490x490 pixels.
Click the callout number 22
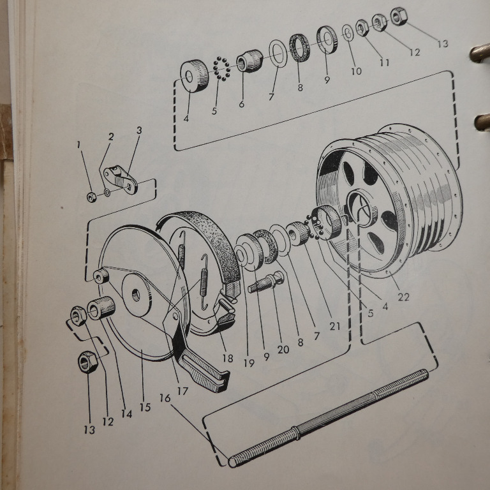(x=403, y=297)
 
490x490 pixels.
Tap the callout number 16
(x=165, y=398)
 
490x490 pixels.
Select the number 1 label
(x=78, y=145)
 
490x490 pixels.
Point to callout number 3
(x=139, y=130)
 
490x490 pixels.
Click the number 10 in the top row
(x=356, y=71)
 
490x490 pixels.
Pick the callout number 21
(x=335, y=326)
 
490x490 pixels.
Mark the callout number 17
(x=182, y=391)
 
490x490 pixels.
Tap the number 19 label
(x=249, y=363)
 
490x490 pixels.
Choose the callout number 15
(x=145, y=407)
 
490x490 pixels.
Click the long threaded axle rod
(x=328, y=418)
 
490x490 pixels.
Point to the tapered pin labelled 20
(x=266, y=282)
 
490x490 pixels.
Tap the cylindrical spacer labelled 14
(x=101, y=308)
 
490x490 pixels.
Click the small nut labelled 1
(x=92, y=197)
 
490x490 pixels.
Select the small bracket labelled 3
(x=121, y=180)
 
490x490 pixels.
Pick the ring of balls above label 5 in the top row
(x=221, y=69)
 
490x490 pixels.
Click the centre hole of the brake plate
(x=136, y=295)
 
